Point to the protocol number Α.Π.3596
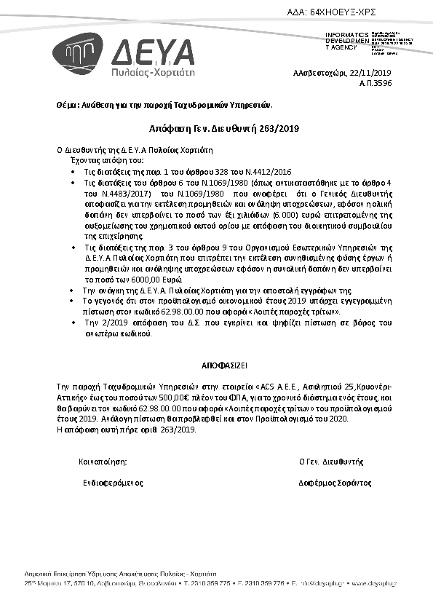click(x=375, y=84)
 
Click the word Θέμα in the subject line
click(x=66, y=105)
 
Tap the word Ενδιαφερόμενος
click(x=113, y=483)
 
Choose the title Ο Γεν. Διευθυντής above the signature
click(x=330, y=462)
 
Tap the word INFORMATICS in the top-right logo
click(x=346, y=34)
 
